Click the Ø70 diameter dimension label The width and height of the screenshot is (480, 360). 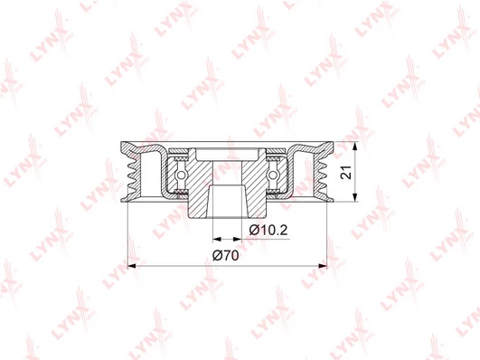226,255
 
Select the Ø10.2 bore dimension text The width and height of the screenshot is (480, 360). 268,230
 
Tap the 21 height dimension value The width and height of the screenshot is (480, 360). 346,172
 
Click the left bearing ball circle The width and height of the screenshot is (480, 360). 182,175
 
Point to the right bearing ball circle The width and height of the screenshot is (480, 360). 272,175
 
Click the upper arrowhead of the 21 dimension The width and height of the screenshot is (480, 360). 354,147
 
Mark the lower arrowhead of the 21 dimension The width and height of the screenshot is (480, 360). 354,197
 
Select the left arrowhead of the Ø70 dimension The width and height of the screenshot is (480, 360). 132,266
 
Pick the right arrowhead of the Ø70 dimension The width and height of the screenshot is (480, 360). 323,266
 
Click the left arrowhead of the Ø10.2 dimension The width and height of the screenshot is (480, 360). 217,239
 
